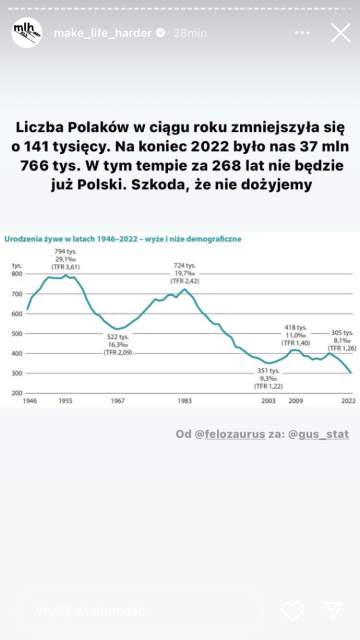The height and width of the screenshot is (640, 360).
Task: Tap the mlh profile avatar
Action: (x=27, y=32)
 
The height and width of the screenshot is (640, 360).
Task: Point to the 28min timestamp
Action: (x=190, y=33)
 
